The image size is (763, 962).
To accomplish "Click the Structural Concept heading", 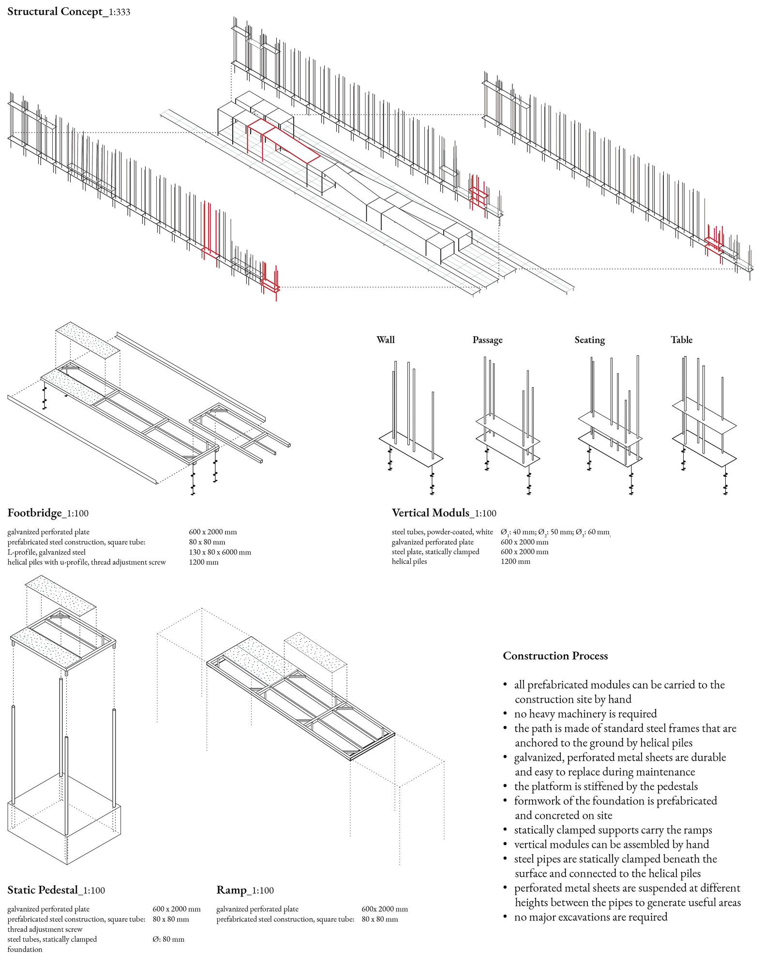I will click(68, 12).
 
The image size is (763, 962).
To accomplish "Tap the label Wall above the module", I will click(386, 340).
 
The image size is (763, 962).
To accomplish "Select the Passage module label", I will click(487, 340).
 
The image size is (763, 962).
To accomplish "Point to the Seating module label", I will click(589, 340).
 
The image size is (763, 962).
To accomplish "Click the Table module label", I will click(681, 340).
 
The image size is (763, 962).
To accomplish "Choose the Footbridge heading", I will click(48, 513).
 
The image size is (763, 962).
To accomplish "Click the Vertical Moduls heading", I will click(444, 513).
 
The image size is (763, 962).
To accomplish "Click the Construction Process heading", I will click(555, 656).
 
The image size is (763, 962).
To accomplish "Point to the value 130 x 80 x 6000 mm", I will click(220, 552).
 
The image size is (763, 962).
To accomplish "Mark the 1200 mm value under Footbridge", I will click(204, 562).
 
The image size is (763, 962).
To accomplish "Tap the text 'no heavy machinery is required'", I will click(585, 714).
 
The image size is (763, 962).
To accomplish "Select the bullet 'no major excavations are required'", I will click(591, 917).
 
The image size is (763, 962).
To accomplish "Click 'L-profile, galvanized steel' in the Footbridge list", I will click(46, 552).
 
